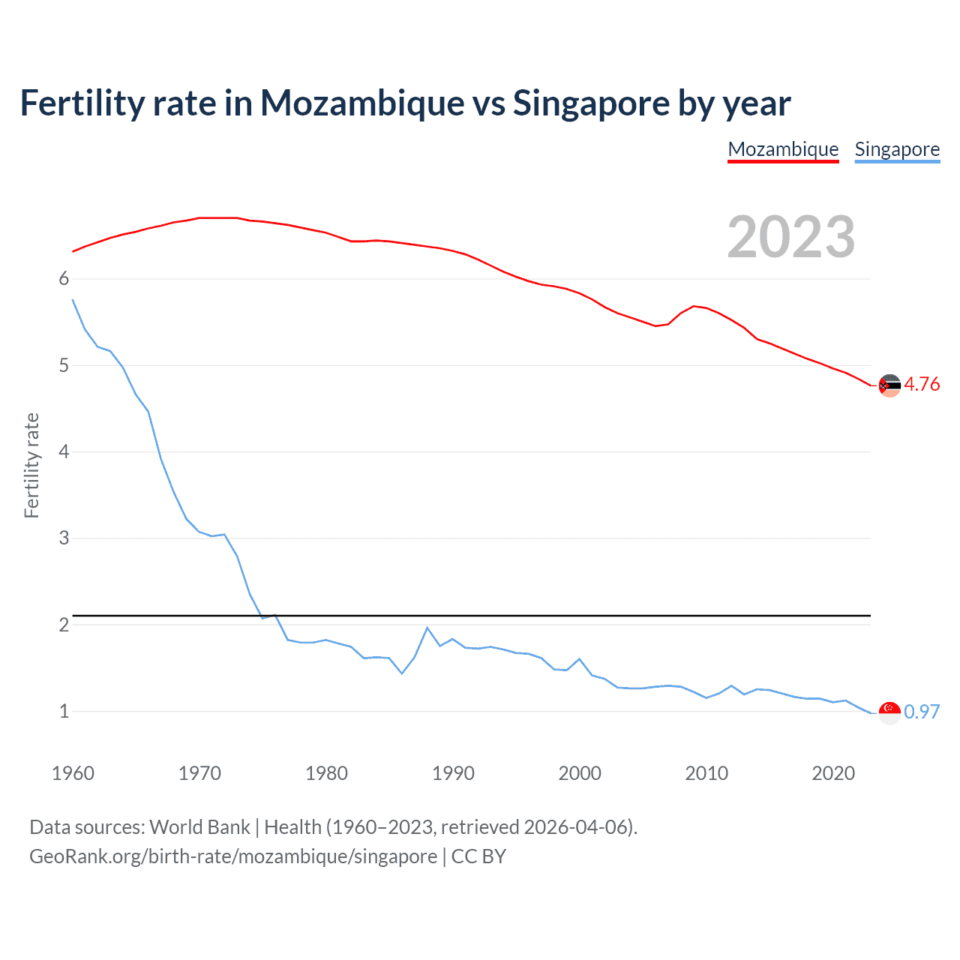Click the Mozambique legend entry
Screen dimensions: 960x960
point(783,149)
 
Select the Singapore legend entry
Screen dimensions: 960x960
point(897,149)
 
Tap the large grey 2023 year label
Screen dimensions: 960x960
point(791,237)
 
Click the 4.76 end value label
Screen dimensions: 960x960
point(922,384)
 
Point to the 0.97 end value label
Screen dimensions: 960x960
point(922,712)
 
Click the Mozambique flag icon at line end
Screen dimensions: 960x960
point(889,385)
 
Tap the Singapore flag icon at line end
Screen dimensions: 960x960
point(889,712)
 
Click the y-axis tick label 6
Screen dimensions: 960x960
point(64,279)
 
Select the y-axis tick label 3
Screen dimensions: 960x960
point(64,538)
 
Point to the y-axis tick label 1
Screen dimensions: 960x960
point(64,711)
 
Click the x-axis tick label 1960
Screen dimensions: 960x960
point(73,773)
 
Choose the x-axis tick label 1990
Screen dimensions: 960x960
point(453,773)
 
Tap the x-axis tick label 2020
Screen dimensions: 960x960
point(833,773)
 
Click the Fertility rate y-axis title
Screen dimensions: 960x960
point(31,465)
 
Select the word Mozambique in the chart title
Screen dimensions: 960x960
point(362,103)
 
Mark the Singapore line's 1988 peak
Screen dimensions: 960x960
point(427,628)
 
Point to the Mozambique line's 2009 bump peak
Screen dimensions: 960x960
point(694,305)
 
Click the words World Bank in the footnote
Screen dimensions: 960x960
point(199,827)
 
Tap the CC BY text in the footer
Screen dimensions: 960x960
point(478,856)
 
